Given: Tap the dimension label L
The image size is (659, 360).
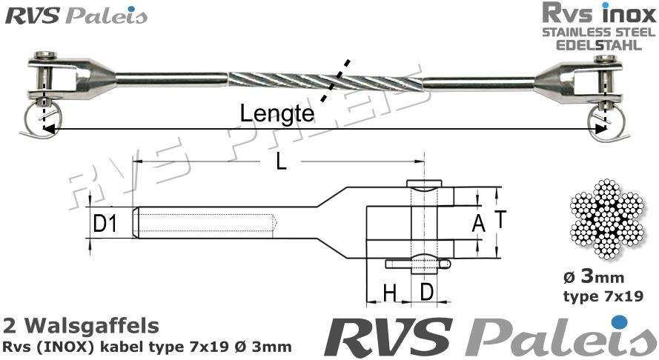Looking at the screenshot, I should pyautogui.click(x=280, y=163).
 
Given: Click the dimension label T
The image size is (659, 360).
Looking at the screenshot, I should pyautogui.click(x=500, y=219).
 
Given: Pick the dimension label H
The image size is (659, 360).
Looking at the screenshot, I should pyautogui.click(x=388, y=293).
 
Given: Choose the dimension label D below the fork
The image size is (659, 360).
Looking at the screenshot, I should pyautogui.click(x=426, y=293).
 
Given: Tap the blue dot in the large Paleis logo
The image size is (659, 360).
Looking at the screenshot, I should pyautogui.click(x=621, y=322).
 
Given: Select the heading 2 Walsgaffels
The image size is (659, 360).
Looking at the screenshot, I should pyautogui.click(x=81, y=325).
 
